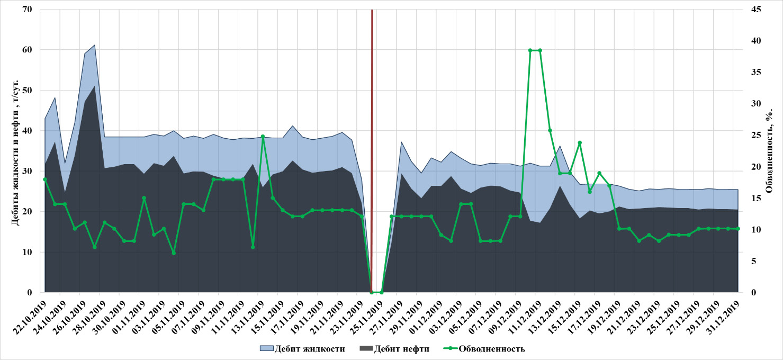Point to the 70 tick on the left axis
tap(27, 10)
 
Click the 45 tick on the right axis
tap(751, 10)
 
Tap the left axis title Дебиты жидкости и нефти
tap(16, 151)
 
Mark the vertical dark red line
tap(372, 148)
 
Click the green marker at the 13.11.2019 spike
tap(263, 137)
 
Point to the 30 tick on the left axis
tap(27, 171)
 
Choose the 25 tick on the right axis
tap(751, 136)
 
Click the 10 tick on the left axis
tap(27, 252)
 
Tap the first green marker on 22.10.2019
tap(45, 179)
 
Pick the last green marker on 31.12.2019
tap(738, 229)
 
